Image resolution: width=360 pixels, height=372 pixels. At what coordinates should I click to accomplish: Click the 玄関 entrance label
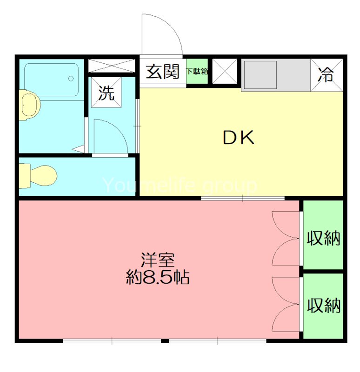click(163, 72)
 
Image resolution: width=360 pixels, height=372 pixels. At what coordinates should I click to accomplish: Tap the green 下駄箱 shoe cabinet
click(198, 72)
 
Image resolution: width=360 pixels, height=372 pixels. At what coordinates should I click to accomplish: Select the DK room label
click(238, 137)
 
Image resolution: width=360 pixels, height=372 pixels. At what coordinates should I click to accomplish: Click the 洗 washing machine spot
click(106, 93)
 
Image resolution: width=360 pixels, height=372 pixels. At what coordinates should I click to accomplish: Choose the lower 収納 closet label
click(323, 306)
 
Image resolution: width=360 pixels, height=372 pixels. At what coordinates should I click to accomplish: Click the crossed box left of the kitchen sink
click(225, 72)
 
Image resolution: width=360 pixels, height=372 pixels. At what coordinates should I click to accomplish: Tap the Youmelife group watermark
click(180, 186)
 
